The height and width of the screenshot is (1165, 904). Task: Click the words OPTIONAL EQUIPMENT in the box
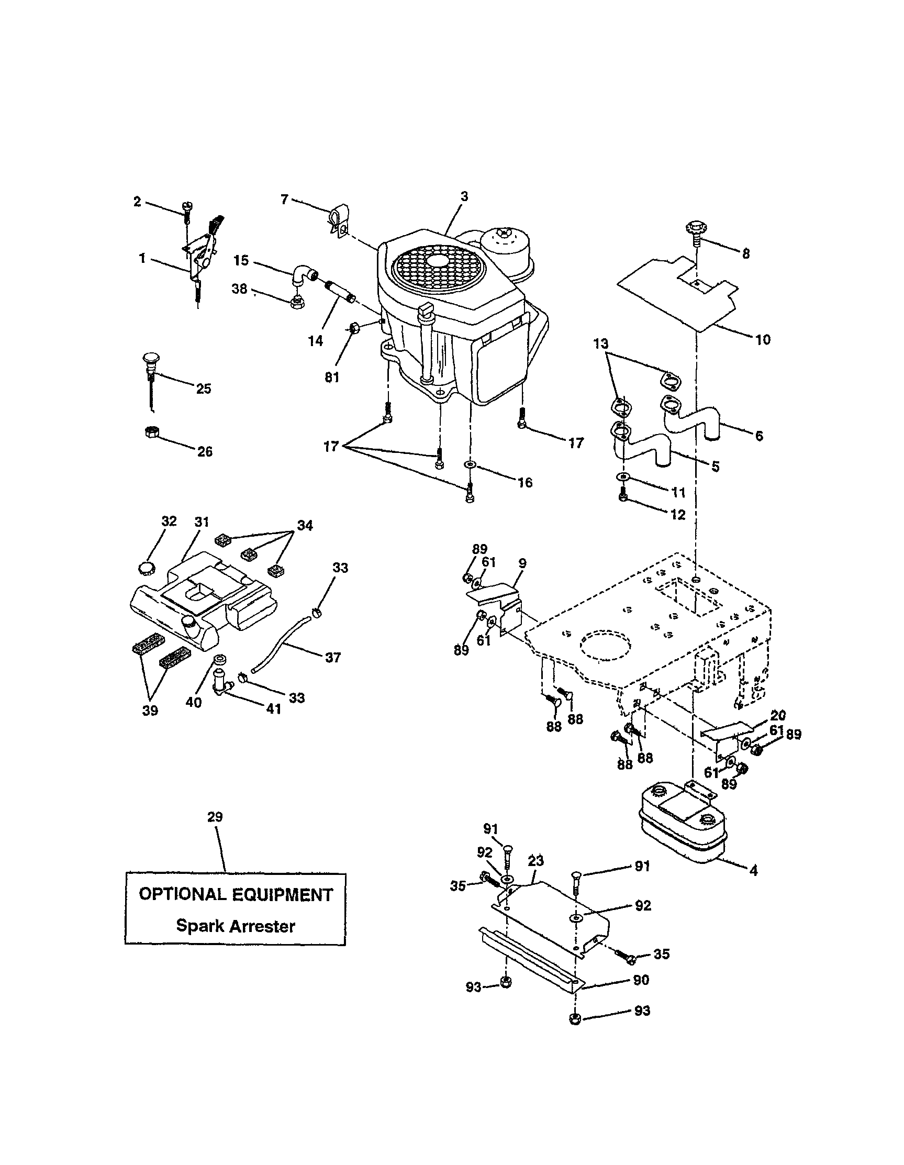pos(236,894)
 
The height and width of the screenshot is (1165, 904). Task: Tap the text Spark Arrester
pos(235,926)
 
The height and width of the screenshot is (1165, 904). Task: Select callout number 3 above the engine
pos(464,196)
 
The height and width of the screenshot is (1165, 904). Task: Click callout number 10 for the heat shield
pos(763,339)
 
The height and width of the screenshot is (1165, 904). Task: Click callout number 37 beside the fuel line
pos(333,658)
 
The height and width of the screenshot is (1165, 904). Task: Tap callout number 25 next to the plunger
pos(204,389)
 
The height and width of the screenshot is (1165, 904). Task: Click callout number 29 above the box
pos(215,817)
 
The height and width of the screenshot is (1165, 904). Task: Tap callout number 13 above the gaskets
pos(601,343)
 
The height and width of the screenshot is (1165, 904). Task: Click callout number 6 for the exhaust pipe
pos(759,436)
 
